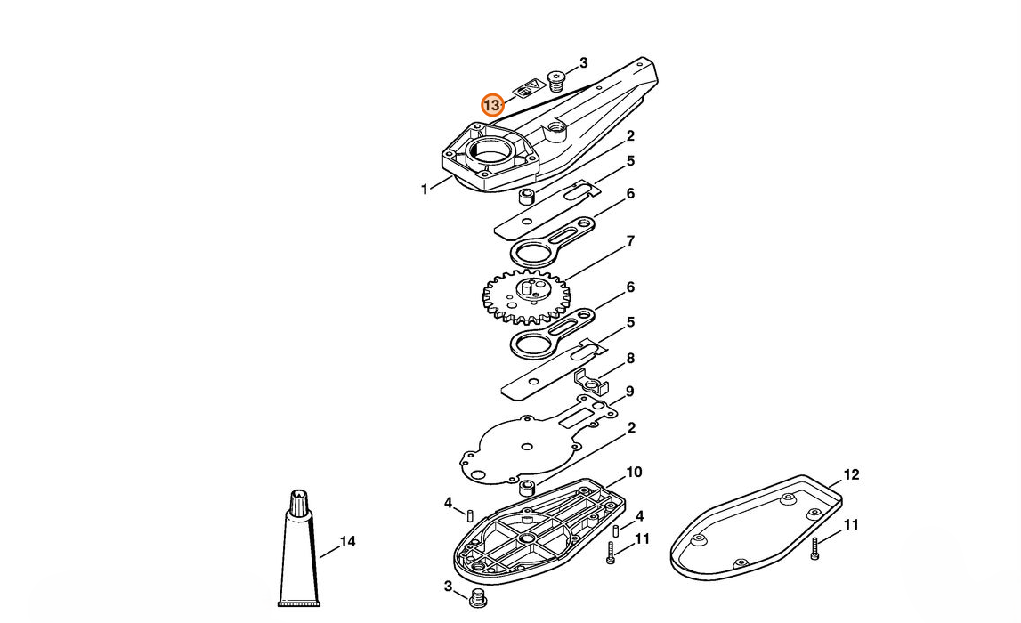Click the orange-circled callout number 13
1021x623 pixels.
point(492,105)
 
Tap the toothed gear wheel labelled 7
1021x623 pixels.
point(526,296)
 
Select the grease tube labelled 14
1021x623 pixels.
point(299,547)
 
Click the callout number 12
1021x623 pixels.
point(851,475)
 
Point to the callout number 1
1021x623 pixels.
point(425,190)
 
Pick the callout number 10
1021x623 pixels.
point(634,472)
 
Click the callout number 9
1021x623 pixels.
point(629,392)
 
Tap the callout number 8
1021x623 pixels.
point(630,358)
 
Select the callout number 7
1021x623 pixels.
point(630,241)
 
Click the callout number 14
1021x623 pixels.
point(348,542)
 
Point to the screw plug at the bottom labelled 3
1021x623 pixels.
point(478,598)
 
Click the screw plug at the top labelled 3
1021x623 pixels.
point(556,81)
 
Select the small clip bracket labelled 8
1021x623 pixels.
point(591,383)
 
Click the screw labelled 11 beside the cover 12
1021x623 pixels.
point(814,550)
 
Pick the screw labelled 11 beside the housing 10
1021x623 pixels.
point(611,553)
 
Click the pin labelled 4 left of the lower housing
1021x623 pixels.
point(468,513)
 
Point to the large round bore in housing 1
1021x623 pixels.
point(490,152)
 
